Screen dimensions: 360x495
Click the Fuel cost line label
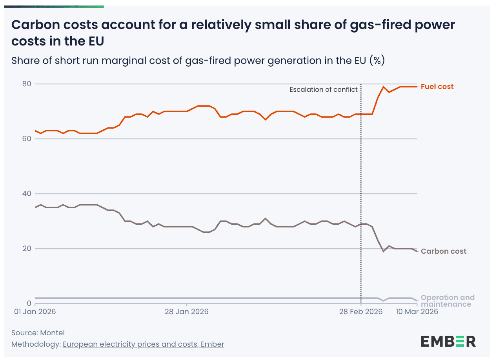[437, 87]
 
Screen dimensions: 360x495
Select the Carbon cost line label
[443, 251]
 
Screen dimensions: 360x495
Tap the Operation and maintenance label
[447, 301]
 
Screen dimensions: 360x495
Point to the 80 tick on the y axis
[27, 84]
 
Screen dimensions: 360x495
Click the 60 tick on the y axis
[27, 139]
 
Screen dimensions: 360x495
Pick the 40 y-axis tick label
[27, 194]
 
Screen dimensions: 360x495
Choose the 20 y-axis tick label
[27, 249]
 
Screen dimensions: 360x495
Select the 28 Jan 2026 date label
[187, 312]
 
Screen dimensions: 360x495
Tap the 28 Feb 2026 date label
[361, 312]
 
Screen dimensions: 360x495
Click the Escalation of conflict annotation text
[324, 89]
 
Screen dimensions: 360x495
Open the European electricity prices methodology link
[144, 345]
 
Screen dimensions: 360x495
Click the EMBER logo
[448, 341]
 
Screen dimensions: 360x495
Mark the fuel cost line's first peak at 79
[384, 87]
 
